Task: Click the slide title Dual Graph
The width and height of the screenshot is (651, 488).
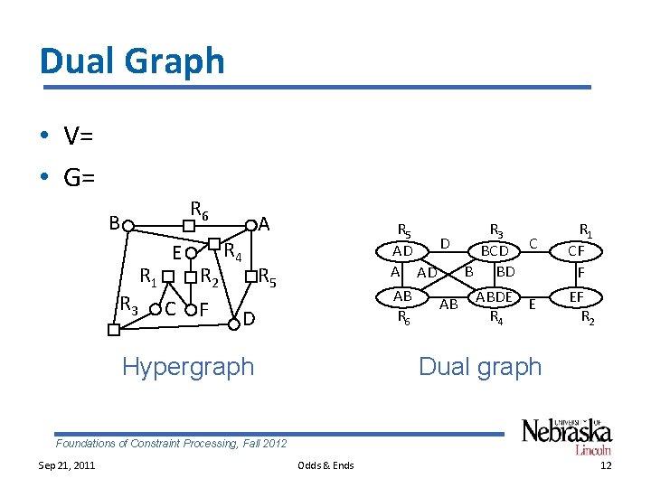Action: pos(132,61)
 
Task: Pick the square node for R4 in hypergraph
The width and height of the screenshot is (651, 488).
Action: pos(216,243)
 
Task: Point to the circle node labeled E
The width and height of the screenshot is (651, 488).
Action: pos(190,252)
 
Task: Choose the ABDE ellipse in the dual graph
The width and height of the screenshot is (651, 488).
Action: pos(494,296)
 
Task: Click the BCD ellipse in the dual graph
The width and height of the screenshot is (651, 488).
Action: pos(494,249)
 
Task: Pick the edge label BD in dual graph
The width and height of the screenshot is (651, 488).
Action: pos(505,271)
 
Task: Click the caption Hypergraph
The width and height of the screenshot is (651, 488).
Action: pos(188,367)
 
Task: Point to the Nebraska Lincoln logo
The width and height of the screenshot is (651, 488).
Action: pos(566,436)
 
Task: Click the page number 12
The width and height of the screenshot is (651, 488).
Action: pos(606,465)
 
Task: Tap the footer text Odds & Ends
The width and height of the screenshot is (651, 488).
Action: pos(325,465)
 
